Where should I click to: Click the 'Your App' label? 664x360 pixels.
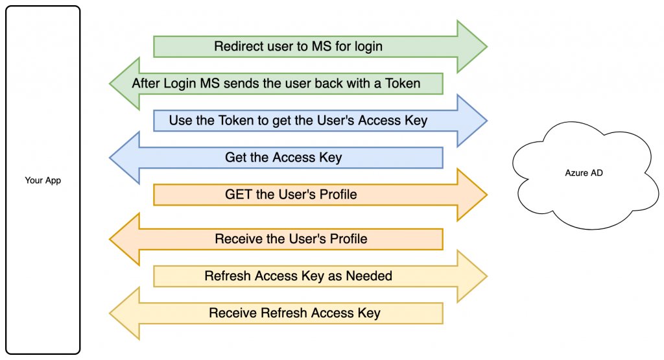[x=43, y=180]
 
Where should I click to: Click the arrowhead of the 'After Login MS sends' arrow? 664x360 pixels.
[x=124, y=83]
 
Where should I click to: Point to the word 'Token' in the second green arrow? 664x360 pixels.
[x=403, y=84]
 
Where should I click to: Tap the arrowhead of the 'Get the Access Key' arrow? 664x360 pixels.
[x=124, y=158]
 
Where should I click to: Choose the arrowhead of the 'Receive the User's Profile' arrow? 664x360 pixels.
[x=124, y=239]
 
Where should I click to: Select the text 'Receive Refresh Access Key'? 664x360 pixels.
[x=294, y=313]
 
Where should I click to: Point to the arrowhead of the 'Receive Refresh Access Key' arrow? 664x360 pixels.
[x=124, y=313]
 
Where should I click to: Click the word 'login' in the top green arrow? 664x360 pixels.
[x=368, y=47]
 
